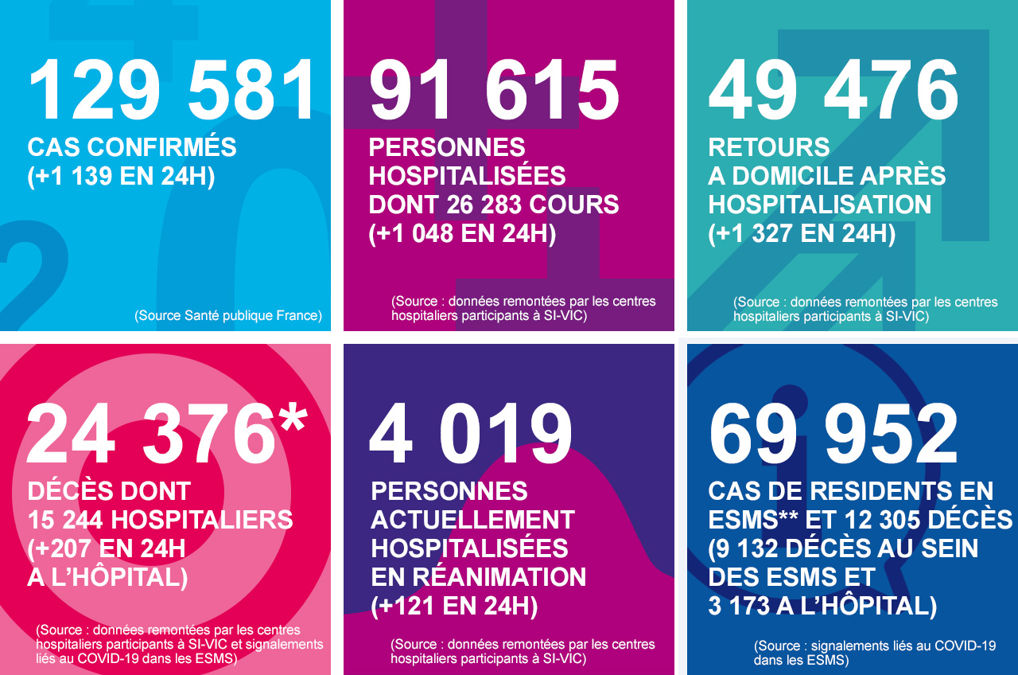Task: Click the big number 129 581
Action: tap(173, 91)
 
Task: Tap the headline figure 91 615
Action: tap(494, 91)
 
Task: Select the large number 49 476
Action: tap(833, 91)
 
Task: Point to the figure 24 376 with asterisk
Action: tap(167, 433)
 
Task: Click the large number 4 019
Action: tap(471, 433)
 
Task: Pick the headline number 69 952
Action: tap(833, 433)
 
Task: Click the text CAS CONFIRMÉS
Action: tap(132, 147)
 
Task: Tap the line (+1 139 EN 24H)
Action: tap(121, 177)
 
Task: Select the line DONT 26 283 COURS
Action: tap(494, 205)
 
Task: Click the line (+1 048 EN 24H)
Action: tap(462, 233)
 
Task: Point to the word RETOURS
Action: tap(769, 147)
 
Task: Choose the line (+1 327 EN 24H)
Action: tap(802, 233)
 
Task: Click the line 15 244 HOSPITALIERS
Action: tap(160, 520)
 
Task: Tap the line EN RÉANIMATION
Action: tap(479, 576)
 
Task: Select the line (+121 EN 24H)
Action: tap(454, 606)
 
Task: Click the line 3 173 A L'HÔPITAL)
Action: tap(822, 606)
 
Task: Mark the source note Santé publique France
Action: tap(228, 315)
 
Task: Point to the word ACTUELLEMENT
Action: tap(472, 520)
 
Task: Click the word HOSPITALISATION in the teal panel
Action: tap(820, 205)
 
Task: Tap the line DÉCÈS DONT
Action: tap(109, 491)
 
